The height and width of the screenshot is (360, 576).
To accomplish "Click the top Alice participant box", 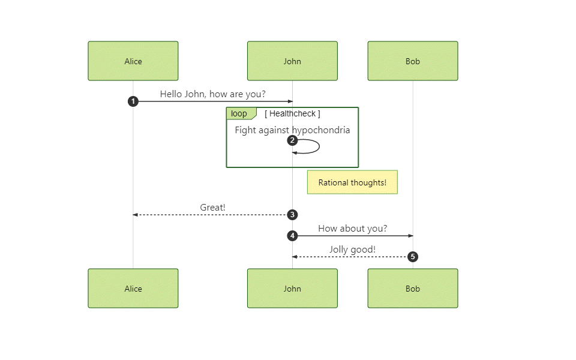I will click(133, 61).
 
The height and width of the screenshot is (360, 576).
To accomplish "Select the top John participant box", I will click(292, 61).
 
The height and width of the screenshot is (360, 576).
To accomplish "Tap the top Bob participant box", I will click(413, 61).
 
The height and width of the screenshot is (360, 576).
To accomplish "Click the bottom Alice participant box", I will click(133, 289).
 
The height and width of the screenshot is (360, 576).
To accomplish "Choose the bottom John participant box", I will click(292, 289).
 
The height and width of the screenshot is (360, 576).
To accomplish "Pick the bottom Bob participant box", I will click(413, 289).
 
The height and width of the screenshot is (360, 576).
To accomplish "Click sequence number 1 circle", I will click(133, 101).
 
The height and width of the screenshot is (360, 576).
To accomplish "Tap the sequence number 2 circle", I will click(292, 140).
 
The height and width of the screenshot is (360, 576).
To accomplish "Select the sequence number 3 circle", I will click(292, 215).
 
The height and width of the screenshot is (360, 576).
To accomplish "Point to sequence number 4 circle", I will click(292, 236).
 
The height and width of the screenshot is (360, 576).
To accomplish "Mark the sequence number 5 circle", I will click(413, 257).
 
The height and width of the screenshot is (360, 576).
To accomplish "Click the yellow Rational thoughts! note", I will click(352, 182).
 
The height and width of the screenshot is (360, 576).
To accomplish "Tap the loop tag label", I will click(239, 113).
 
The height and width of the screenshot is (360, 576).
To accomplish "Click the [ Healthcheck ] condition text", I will click(292, 113).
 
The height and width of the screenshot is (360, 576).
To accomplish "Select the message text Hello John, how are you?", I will click(212, 94).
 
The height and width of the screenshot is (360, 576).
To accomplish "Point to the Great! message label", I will click(212, 208).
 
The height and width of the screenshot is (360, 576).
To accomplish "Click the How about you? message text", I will click(352, 229).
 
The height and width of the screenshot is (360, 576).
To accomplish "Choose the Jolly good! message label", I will click(352, 250).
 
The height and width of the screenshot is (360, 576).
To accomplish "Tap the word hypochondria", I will click(321, 130).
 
